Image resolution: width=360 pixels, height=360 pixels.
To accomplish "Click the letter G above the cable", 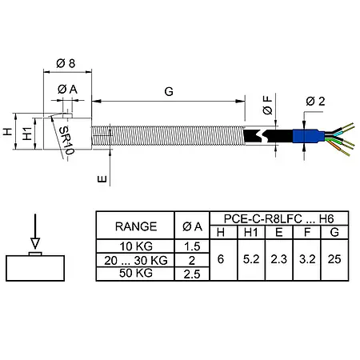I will pos(169,92).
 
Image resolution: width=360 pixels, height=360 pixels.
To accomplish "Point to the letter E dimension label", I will pos(102,180).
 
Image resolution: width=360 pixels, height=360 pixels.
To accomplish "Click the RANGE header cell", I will pos(135,226).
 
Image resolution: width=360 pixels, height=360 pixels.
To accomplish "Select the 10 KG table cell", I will pos(135,246).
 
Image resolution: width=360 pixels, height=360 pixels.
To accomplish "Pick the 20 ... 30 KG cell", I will pos(135,260).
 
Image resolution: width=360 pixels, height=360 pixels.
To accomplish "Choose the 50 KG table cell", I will pos(135,274).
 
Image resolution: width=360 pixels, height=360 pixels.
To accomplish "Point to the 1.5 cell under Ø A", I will pos(192,246).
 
